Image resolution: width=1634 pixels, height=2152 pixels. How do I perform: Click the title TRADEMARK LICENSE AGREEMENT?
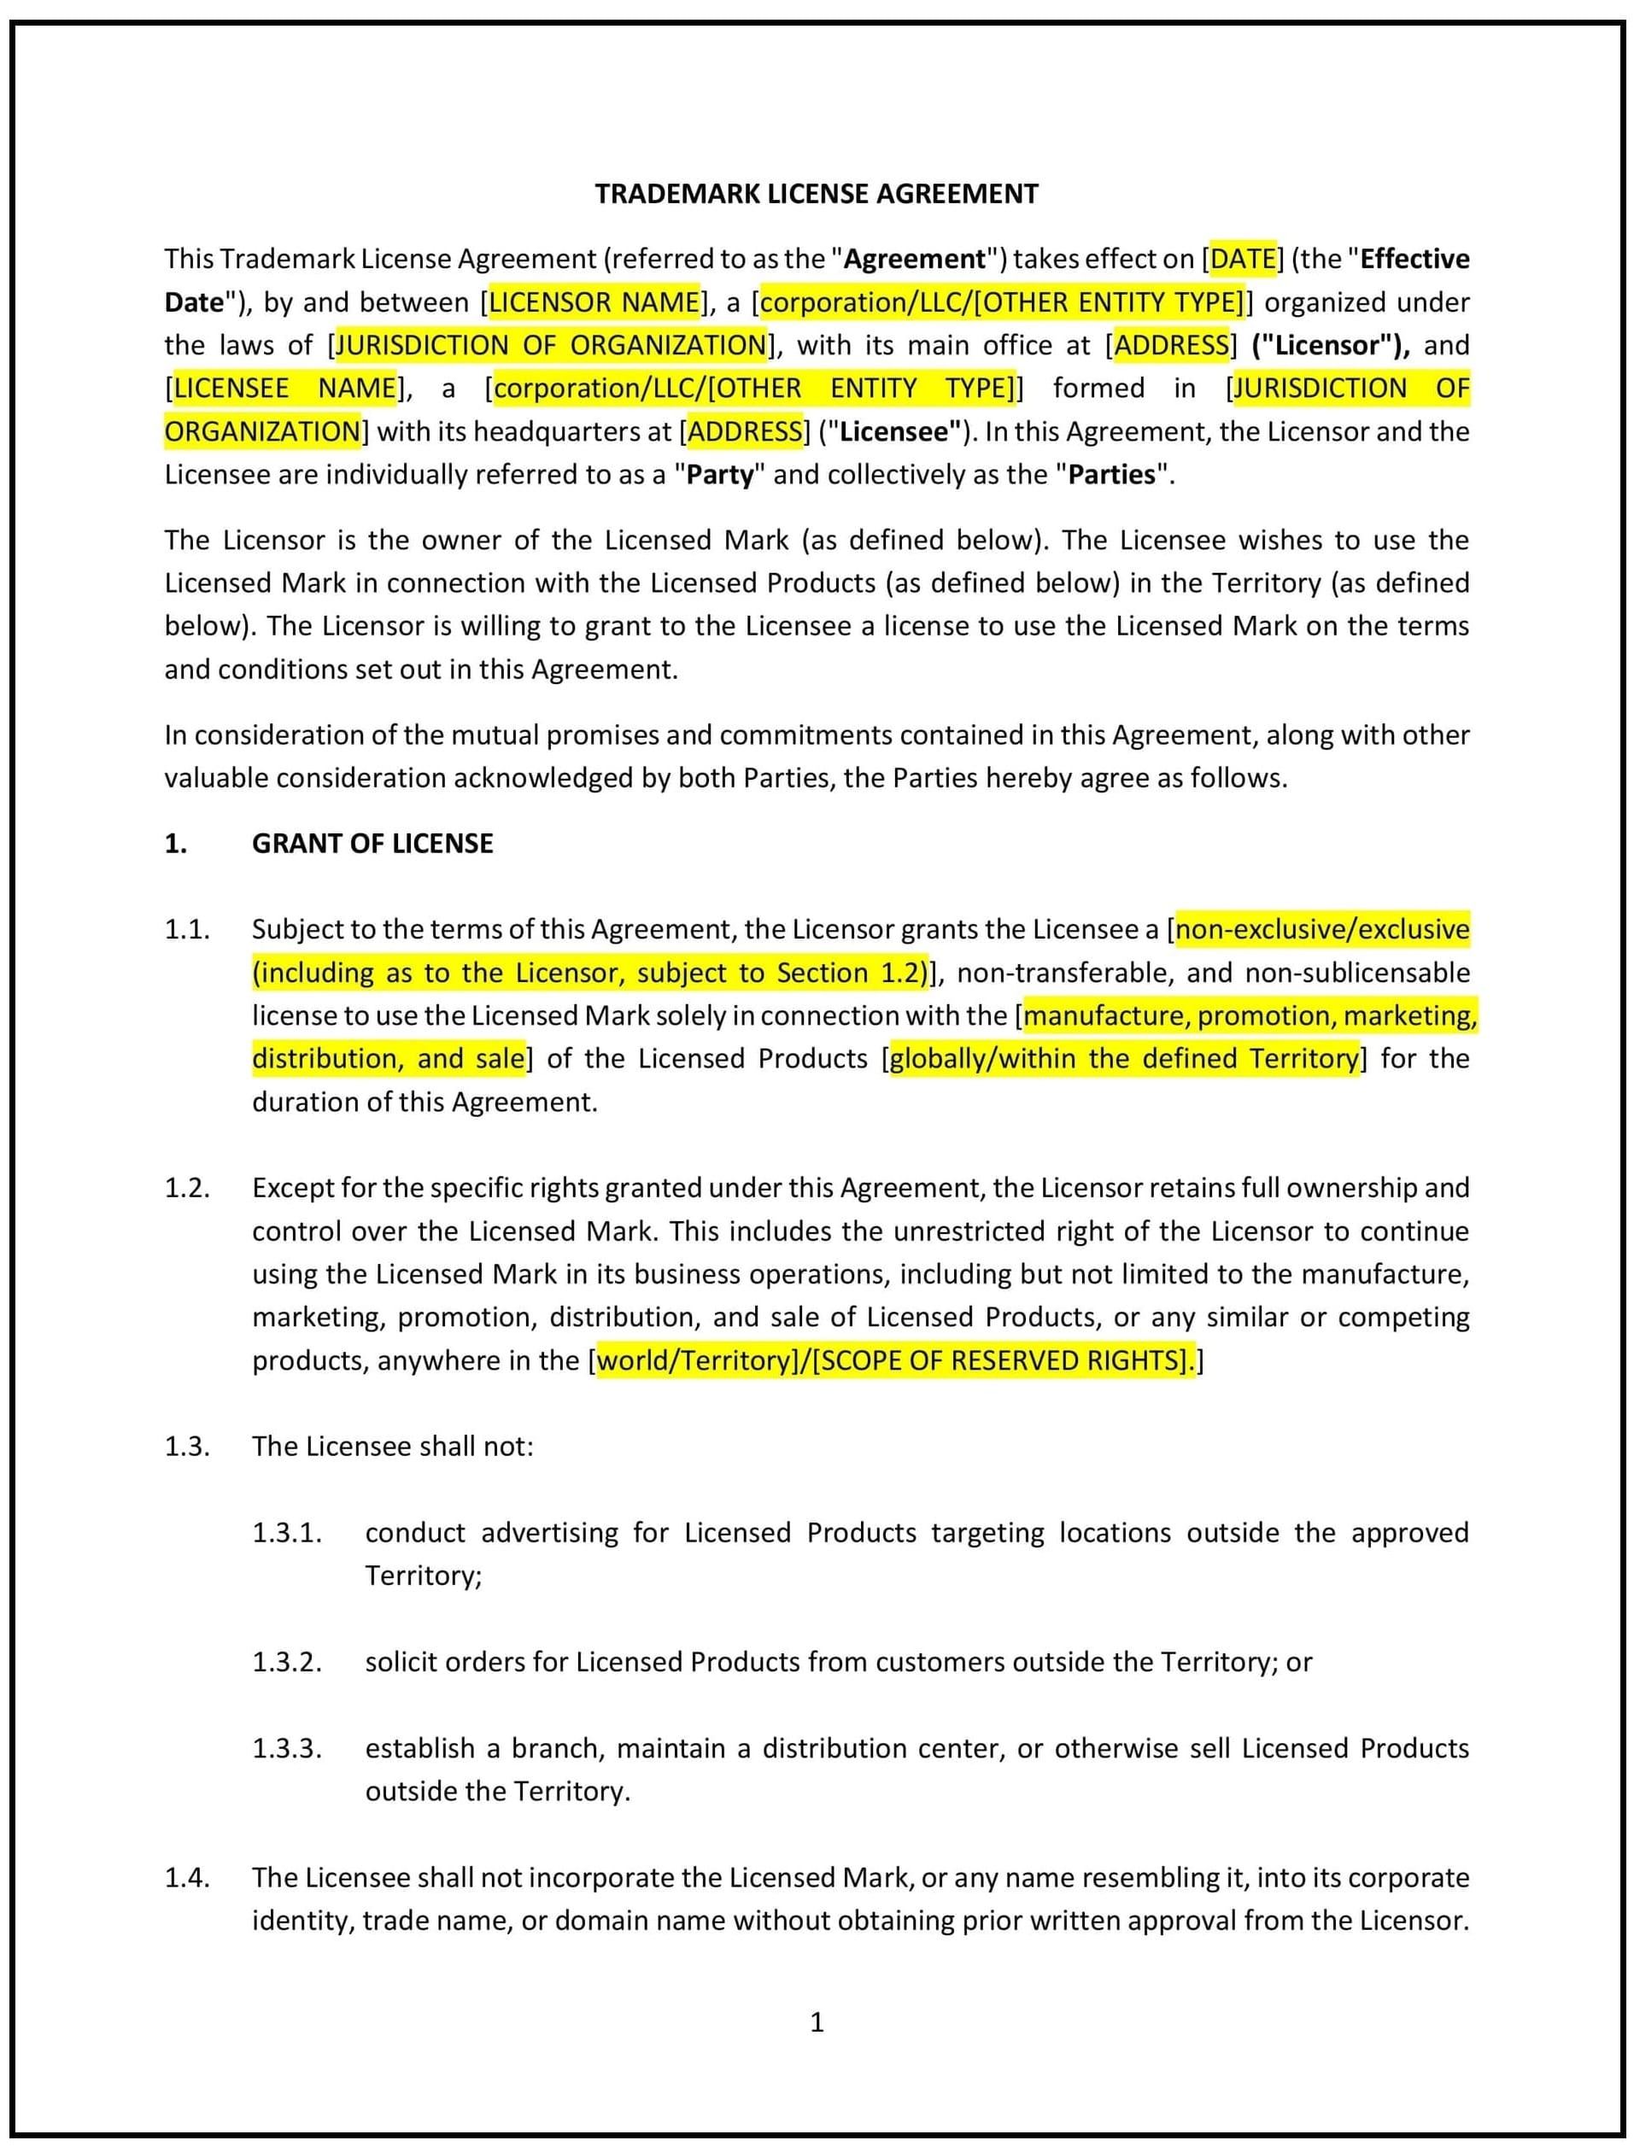coord(816,194)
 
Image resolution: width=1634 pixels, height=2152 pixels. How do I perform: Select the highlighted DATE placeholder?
coord(1242,259)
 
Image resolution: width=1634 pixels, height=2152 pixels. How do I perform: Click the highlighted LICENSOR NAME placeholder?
coord(594,302)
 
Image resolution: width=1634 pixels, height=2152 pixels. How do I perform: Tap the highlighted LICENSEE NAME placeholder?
coord(284,389)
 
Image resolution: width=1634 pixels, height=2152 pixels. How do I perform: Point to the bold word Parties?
coord(1111,475)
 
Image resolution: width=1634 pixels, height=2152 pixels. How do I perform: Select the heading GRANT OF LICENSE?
coord(372,843)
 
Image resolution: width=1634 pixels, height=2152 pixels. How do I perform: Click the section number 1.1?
coord(187,929)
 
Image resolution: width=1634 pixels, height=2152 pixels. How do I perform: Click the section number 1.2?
coord(187,1188)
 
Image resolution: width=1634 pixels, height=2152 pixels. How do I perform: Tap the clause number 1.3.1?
coord(287,1532)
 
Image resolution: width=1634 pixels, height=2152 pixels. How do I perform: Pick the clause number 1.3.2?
coord(287,1662)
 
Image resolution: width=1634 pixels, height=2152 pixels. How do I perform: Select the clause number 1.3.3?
coord(287,1748)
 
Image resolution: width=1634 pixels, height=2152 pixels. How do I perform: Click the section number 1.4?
coord(187,1878)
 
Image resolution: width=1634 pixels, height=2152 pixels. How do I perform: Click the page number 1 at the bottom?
coord(817,2021)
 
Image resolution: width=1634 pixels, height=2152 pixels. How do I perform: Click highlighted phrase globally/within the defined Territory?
coord(1123,1058)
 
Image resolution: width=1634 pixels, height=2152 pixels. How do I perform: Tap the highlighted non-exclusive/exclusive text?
coord(1321,929)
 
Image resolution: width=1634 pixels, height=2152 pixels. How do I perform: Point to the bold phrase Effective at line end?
coord(1414,259)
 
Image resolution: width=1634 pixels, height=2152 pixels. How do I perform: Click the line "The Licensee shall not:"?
coord(392,1447)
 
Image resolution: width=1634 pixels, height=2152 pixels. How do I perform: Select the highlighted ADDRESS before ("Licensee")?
coord(746,432)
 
